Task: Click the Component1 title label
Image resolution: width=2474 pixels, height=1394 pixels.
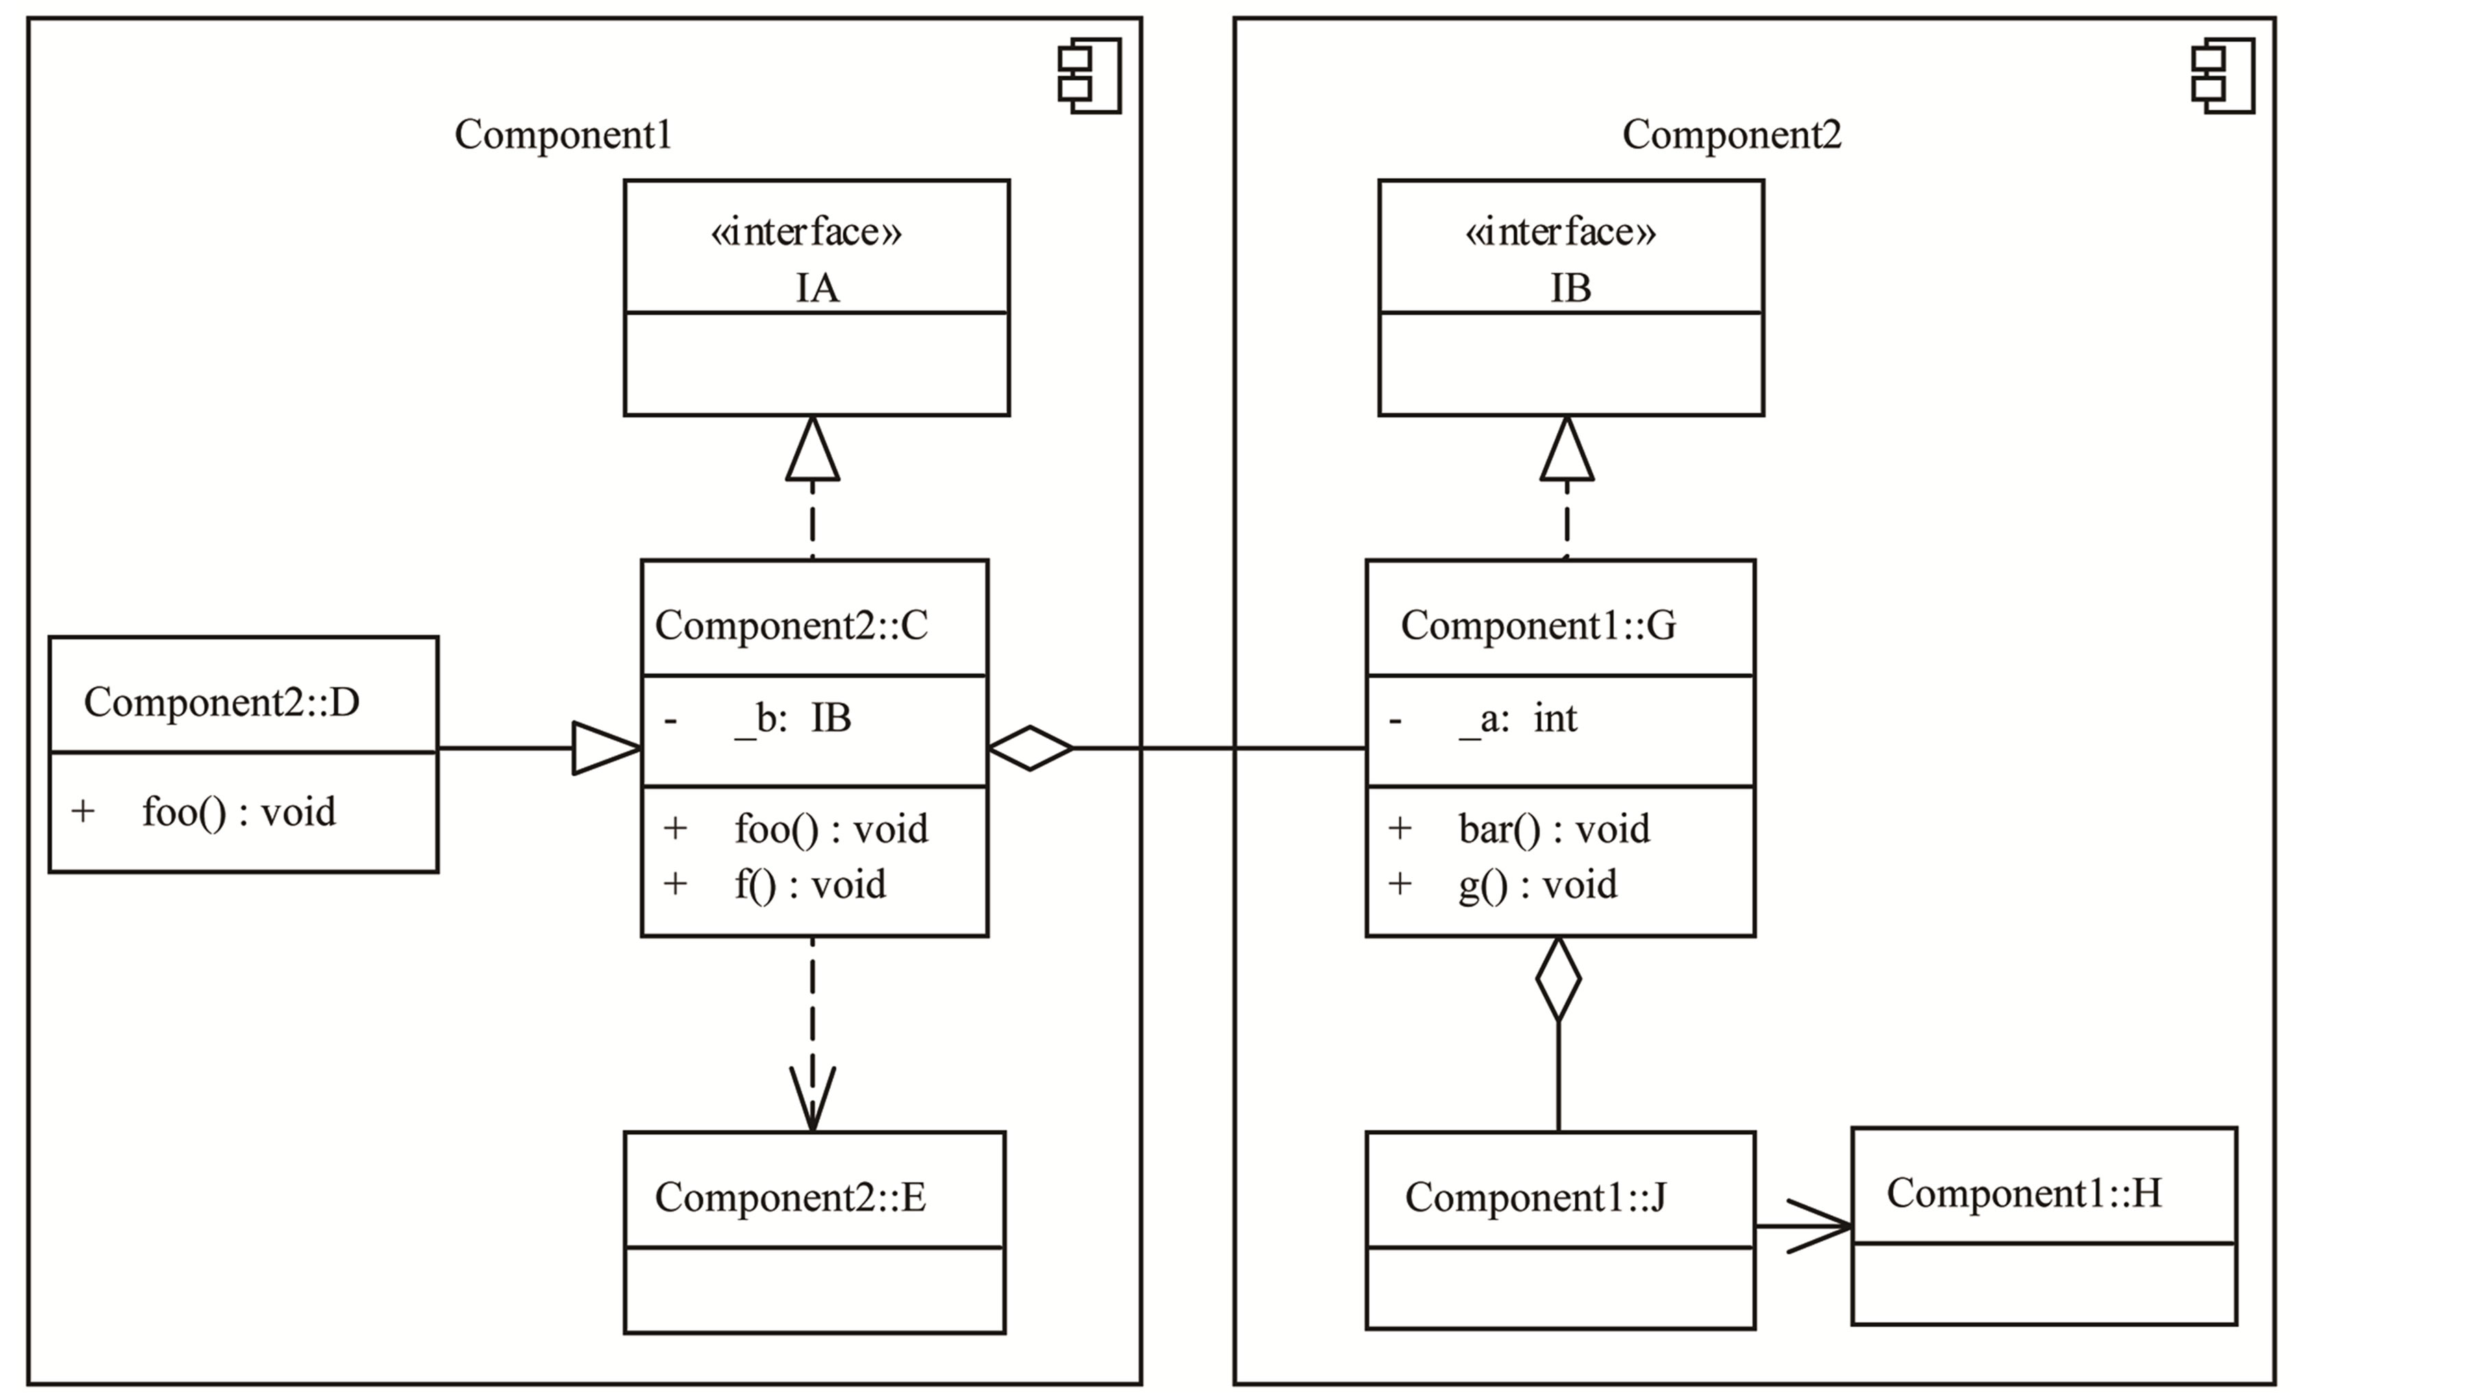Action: click(x=563, y=134)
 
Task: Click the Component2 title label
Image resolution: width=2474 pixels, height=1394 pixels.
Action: click(x=1732, y=134)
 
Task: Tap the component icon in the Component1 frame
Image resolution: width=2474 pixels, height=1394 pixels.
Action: click(x=1090, y=76)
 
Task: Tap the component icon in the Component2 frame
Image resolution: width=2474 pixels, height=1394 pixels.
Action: click(x=2223, y=76)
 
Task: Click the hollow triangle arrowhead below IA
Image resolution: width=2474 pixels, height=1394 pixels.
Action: click(x=812, y=452)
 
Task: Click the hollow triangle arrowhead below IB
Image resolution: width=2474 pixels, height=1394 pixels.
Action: click(x=1566, y=452)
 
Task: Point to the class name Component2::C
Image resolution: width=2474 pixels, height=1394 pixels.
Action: click(x=791, y=626)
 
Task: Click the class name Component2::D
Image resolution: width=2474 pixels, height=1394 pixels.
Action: click(x=222, y=702)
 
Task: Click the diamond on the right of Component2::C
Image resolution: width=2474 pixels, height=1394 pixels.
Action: click(x=1031, y=748)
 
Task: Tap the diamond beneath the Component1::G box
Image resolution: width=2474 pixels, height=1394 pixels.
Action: click(x=1558, y=980)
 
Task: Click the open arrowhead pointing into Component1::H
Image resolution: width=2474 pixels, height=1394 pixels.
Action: click(x=1820, y=1226)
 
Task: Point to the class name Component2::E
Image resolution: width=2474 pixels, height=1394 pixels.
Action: click(x=790, y=1197)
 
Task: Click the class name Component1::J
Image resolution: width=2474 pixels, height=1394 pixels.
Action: click(x=1535, y=1197)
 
